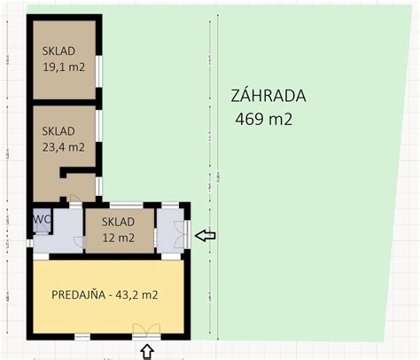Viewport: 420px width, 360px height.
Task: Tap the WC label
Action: (41, 217)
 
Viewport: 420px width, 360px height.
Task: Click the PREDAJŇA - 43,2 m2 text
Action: (104, 294)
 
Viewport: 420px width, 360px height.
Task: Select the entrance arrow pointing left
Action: (205, 235)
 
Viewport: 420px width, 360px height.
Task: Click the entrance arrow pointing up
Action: (147, 352)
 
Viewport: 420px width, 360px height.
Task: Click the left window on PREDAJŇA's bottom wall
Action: (82, 336)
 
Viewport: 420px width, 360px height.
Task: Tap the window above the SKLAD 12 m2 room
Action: (119, 203)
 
